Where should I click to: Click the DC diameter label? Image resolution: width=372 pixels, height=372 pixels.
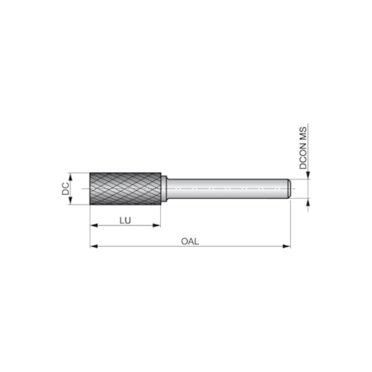pos(66,189)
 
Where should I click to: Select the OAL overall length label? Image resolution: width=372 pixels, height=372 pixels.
pos(190,239)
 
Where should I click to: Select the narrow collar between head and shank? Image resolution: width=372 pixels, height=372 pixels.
pos(163,189)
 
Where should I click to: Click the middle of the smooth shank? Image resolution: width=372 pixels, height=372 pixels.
pos(227,189)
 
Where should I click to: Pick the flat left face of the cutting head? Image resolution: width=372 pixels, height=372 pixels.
pos(90,189)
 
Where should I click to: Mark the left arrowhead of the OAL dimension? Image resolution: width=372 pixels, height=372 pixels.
pos(93,246)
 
